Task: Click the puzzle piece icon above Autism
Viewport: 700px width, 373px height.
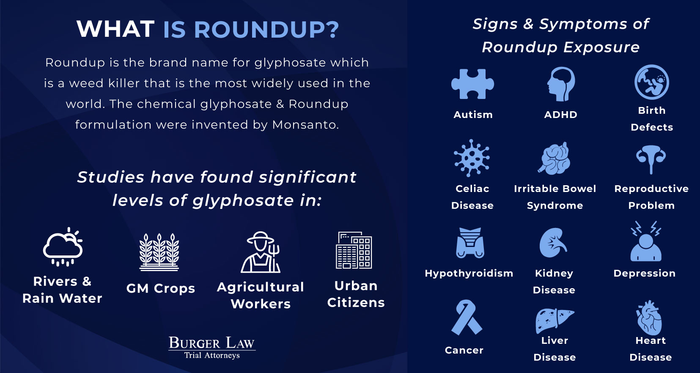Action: [472, 84]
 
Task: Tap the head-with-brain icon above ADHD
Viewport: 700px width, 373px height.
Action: [561, 84]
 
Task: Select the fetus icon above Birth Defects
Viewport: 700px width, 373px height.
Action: [651, 82]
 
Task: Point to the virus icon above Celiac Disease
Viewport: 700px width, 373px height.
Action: [472, 158]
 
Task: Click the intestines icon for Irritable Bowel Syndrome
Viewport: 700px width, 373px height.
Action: [555, 158]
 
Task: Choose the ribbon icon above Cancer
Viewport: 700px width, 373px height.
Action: [467, 317]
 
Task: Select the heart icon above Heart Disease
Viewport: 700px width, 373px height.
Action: [649, 318]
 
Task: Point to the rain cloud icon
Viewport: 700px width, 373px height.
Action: [63, 247]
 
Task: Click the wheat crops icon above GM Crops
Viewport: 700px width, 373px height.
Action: [159, 252]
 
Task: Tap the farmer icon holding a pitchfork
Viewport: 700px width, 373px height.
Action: [260, 252]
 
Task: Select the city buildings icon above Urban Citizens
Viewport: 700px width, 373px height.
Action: [354, 250]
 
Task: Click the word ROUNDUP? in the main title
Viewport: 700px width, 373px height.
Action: [251, 30]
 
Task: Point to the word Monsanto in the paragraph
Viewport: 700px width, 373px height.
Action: [305, 125]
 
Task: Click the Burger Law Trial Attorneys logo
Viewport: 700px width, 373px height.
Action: [212, 348]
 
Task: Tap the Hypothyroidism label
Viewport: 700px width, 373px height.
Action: [469, 273]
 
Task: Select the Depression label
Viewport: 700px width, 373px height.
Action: [644, 273]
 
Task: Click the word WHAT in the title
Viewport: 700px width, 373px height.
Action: [115, 29]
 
